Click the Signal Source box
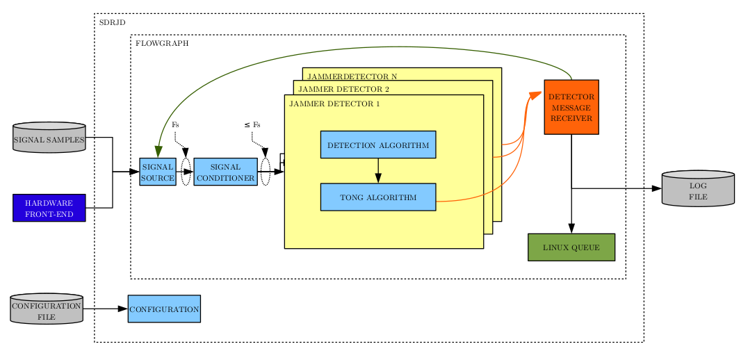157,172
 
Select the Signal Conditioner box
225,172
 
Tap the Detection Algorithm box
377,145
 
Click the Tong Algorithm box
377,197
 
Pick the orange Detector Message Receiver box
571,107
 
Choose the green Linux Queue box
571,247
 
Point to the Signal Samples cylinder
49,138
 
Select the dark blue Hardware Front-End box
49,208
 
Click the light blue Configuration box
164,309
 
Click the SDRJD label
112,22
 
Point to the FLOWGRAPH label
162,43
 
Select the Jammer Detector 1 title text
334,104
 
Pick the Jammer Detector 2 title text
343,89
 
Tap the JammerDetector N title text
352,76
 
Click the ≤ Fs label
252,124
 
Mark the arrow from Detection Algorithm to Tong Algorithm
377,170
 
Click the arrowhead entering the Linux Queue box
571,229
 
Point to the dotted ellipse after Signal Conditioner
266,172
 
